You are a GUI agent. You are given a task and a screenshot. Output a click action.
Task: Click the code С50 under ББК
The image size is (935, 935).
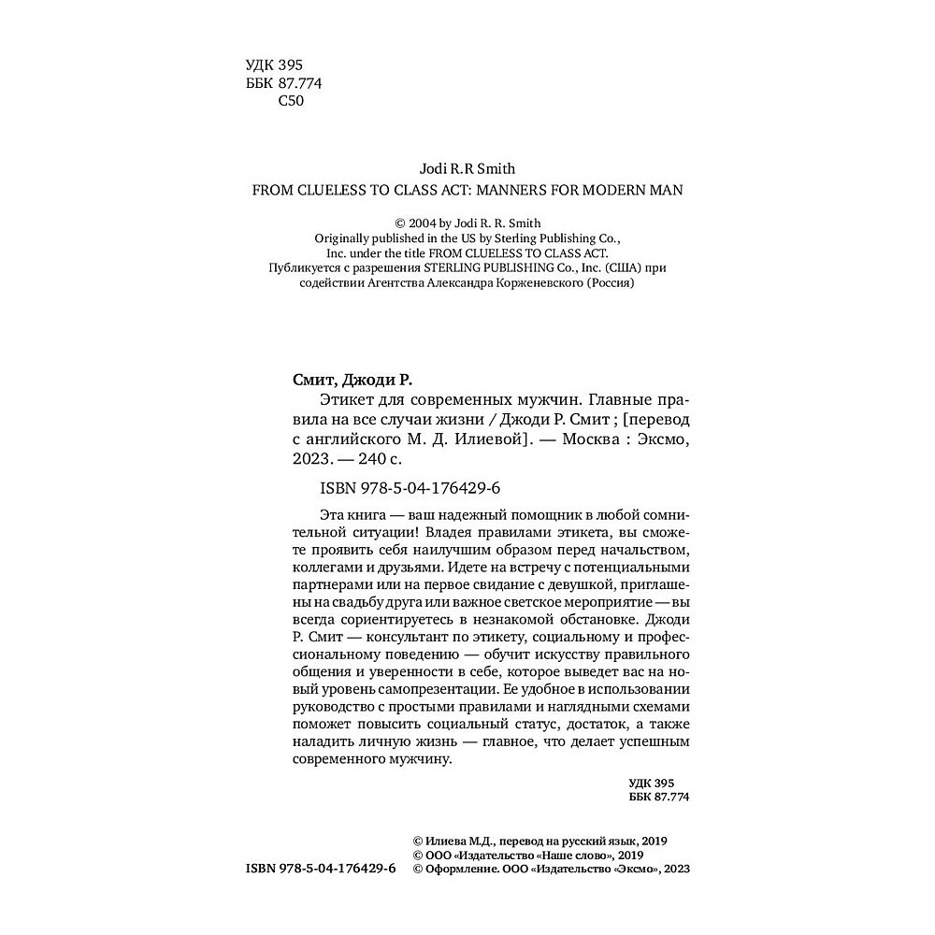(292, 102)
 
